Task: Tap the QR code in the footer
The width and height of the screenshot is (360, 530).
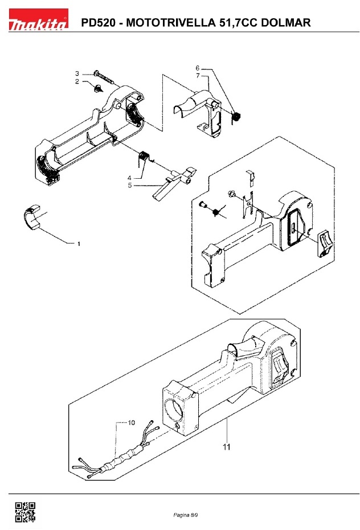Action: click(24, 512)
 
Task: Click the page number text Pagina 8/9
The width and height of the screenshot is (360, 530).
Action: click(186, 515)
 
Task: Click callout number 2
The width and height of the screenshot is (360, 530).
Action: click(76, 82)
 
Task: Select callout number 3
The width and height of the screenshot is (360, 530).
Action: click(76, 73)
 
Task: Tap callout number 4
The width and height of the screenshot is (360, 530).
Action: click(129, 178)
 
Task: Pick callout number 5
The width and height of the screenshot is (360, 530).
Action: click(129, 184)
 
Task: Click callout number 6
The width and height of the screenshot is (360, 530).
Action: click(198, 68)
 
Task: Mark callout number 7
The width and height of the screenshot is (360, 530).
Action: click(198, 75)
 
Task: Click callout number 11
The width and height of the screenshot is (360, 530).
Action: click(226, 447)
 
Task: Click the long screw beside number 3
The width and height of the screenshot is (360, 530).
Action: click(106, 76)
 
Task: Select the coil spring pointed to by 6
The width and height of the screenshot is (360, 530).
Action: click(238, 117)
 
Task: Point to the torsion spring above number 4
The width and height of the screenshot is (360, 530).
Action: click(145, 155)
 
